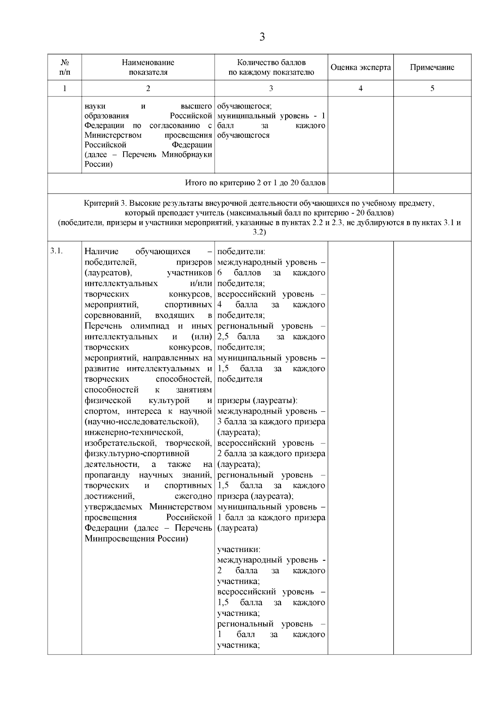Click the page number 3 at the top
click(262, 37)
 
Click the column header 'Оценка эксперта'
click(361, 67)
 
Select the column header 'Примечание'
click(432, 67)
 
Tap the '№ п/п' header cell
click(64, 67)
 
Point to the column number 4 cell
click(361, 88)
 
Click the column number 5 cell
click(432, 88)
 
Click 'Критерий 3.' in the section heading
click(105, 203)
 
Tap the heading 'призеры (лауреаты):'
click(257, 401)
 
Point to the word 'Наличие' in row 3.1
click(101, 252)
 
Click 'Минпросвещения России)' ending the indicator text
click(136, 539)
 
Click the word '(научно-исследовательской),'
click(142, 422)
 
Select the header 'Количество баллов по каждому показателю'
click(271, 67)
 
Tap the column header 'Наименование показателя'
click(148, 67)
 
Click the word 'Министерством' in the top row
click(113, 135)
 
